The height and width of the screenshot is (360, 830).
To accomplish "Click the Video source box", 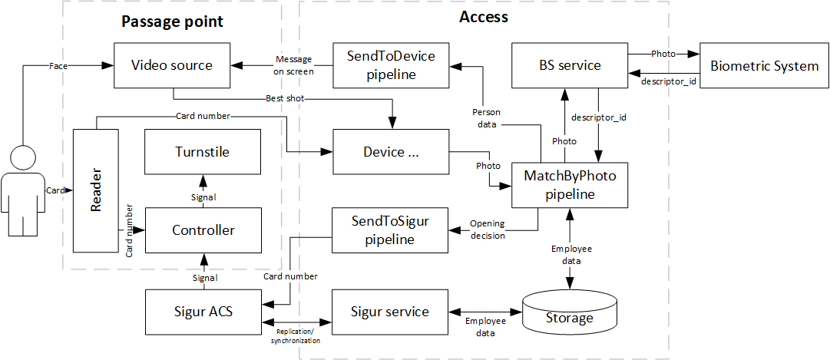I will [173, 65].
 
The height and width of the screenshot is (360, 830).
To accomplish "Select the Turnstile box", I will [203, 152].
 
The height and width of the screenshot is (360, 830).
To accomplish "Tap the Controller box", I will [203, 230].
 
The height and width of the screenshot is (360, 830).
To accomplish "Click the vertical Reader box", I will [97, 190].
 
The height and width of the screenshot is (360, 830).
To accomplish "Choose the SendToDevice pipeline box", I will [390, 65].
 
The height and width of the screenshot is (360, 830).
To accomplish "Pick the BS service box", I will [569, 65].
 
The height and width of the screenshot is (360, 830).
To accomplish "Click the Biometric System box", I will [764, 65].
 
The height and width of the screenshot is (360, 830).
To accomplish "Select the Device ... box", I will [390, 152].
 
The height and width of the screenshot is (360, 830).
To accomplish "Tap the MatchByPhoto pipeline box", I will [569, 185].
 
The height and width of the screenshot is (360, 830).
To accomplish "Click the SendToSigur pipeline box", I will [390, 230].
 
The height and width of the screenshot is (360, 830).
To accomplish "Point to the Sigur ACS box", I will [203, 312].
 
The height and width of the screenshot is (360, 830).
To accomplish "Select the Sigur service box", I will [390, 312].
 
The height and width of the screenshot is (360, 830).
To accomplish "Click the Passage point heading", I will [172, 21].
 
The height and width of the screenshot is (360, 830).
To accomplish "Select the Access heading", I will [483, 16].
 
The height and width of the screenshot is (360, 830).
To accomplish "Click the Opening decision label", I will [488, 230].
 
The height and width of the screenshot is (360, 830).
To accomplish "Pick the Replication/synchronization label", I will [296, 335].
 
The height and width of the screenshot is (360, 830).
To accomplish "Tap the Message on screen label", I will [293, 66].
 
